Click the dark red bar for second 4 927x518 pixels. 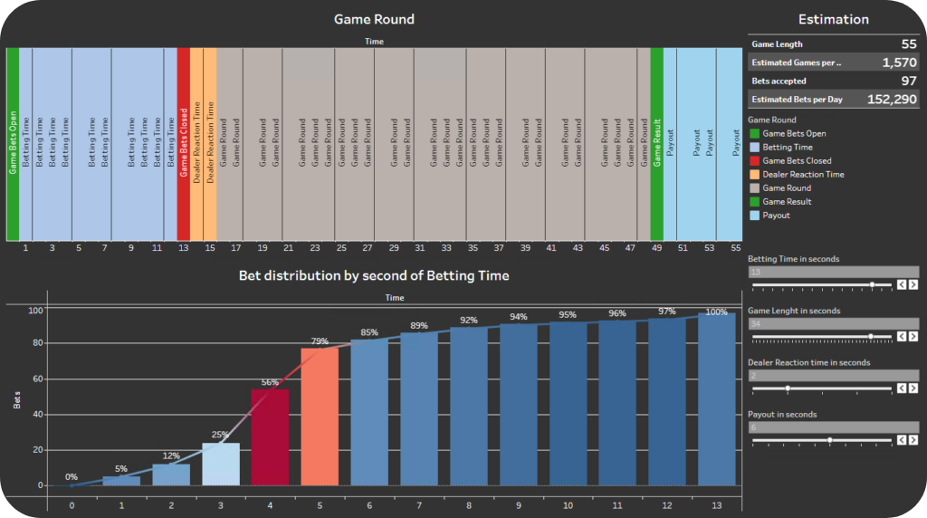270,436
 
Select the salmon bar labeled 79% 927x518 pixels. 319,417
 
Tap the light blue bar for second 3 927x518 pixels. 221,464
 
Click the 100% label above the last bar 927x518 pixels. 716,312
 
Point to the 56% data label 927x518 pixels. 270,382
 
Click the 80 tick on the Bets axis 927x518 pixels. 36,343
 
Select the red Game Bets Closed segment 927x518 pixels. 184,143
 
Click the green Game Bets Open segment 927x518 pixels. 13,143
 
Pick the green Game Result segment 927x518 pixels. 657,143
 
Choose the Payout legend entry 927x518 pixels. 776,216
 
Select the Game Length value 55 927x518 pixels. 908,43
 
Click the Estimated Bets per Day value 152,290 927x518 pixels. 892,100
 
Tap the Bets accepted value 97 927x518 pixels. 909,81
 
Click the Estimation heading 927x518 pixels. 833,19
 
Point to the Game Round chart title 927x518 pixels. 374,19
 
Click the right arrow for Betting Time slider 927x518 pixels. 913,284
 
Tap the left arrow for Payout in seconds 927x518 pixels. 902,440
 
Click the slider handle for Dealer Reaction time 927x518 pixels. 788,388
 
